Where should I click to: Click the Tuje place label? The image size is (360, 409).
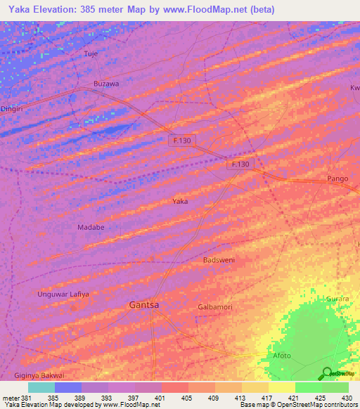click(91, 54)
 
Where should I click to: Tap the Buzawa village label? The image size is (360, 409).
click(106, 84)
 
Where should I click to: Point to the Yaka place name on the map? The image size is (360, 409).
click(180, 201)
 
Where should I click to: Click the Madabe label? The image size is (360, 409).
click(90, 228)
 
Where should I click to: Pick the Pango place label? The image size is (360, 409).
click(337, 178)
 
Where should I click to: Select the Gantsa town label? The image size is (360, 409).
click(144, 305)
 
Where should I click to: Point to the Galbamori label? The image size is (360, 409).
click(215, 307)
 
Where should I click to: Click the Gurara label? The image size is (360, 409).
click(337, 299)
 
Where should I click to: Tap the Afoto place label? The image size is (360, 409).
click(282, 356)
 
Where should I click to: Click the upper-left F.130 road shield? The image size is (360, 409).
click(184, 141)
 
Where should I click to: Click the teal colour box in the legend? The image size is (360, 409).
click(41, 387)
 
